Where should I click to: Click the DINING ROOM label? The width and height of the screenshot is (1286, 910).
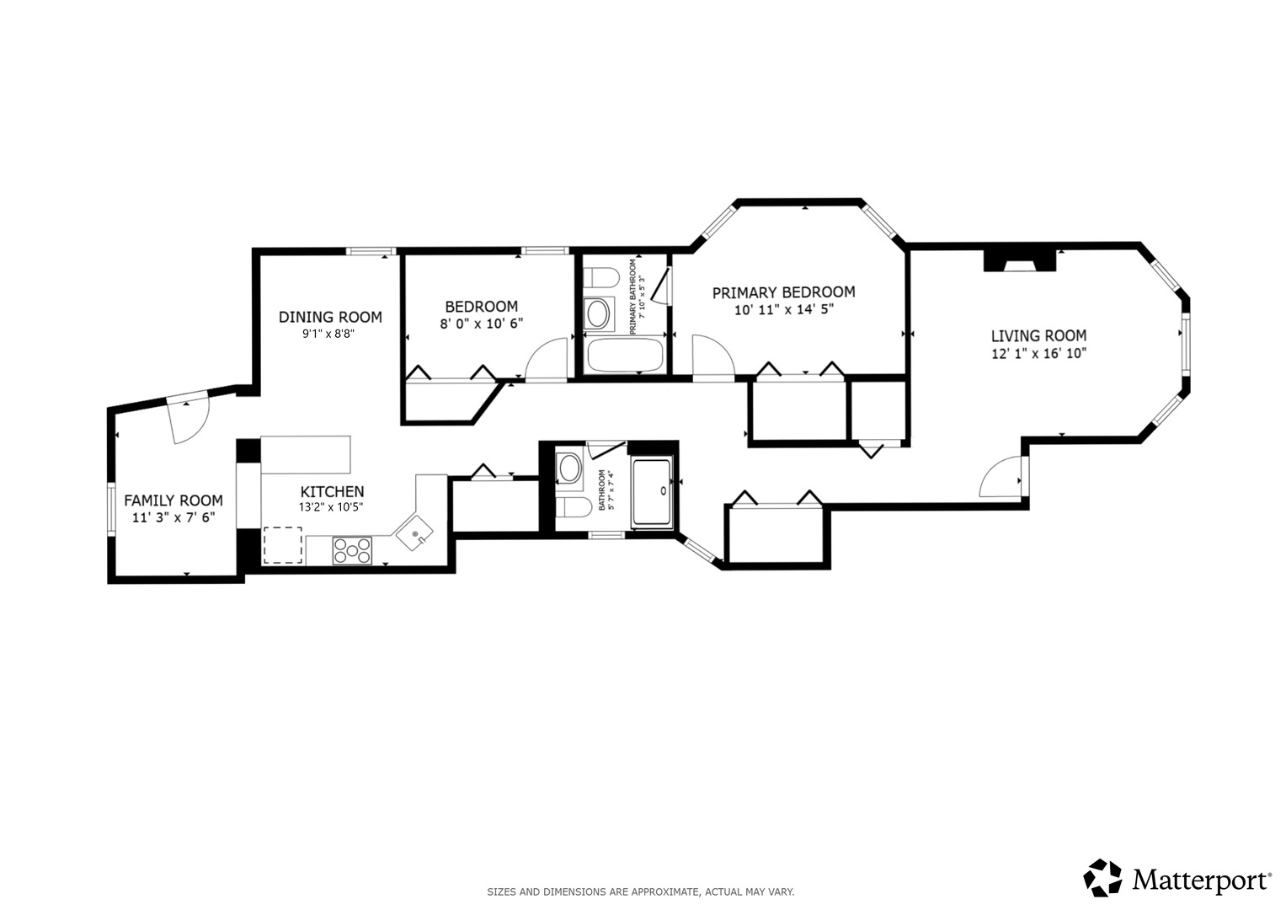(330, 317)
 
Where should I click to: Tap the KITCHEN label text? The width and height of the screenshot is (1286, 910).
(332, 492)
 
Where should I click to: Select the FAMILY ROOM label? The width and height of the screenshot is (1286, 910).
(173, 500)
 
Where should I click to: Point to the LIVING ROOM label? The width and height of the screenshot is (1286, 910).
(1038, 335)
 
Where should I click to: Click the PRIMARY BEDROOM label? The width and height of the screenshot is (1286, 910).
(784, 292)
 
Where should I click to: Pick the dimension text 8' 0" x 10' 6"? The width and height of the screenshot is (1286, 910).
(481, 324)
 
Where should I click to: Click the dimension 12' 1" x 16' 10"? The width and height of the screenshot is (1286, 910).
(1038, 353)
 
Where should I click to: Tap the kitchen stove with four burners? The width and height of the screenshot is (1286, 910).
(352, 550)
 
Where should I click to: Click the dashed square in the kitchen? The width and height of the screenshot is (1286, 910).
(282, 545)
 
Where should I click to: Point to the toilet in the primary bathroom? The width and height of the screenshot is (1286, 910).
(600, 278)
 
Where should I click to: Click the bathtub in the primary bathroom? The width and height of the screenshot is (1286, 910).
(625, 356)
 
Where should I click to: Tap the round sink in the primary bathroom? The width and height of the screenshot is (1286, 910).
(599, 313)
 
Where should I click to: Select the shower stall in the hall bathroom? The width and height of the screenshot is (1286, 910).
(652, 492)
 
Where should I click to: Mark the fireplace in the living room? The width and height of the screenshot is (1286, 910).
(1020, 260)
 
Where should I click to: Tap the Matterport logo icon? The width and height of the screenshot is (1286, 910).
(1102, 878)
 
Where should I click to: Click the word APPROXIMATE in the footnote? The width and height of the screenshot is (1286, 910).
(666, 892)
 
